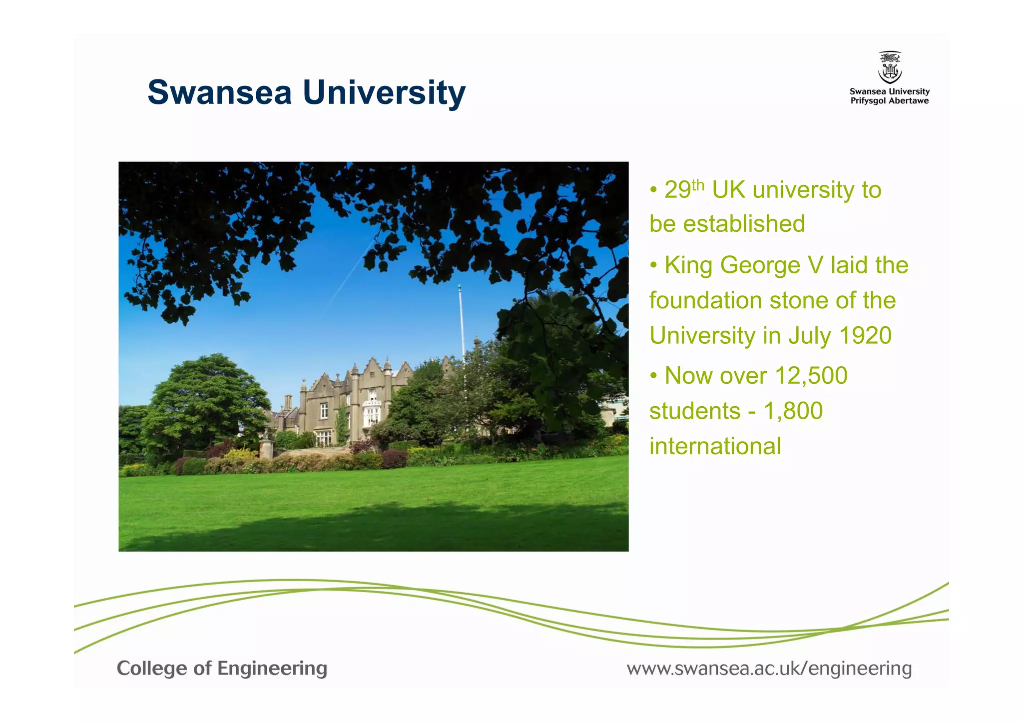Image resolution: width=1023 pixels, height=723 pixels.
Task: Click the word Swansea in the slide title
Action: pyautogui.click(x=219, y=92)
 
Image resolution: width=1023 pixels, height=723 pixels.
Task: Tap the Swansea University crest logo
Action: pyautogui.click(x=890, y=67)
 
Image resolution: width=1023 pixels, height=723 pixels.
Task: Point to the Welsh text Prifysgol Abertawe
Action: pyautogui.click(x=890, y=101)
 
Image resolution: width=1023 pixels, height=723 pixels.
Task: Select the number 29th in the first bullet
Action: pyautogui.click(x=683, y=190)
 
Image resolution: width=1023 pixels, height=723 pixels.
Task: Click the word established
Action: pyautogui.click(x=744, y=224)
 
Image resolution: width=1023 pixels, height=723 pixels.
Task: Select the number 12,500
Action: pyautogui.click(x=811, y=376)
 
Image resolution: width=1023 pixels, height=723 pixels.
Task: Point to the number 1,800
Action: pyautogui.click(x=793, y=411)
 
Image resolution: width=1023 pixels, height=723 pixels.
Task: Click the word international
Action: pyautogui.click(x=715, y=446)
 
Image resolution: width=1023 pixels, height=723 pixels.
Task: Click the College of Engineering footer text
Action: pyautogui.click(x=222, y=669)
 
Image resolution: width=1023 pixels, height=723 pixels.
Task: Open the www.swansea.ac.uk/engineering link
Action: pyautogui.click(x=769, y=669)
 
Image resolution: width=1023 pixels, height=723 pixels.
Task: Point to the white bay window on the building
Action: pyautogui.click(x=372, y=410)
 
